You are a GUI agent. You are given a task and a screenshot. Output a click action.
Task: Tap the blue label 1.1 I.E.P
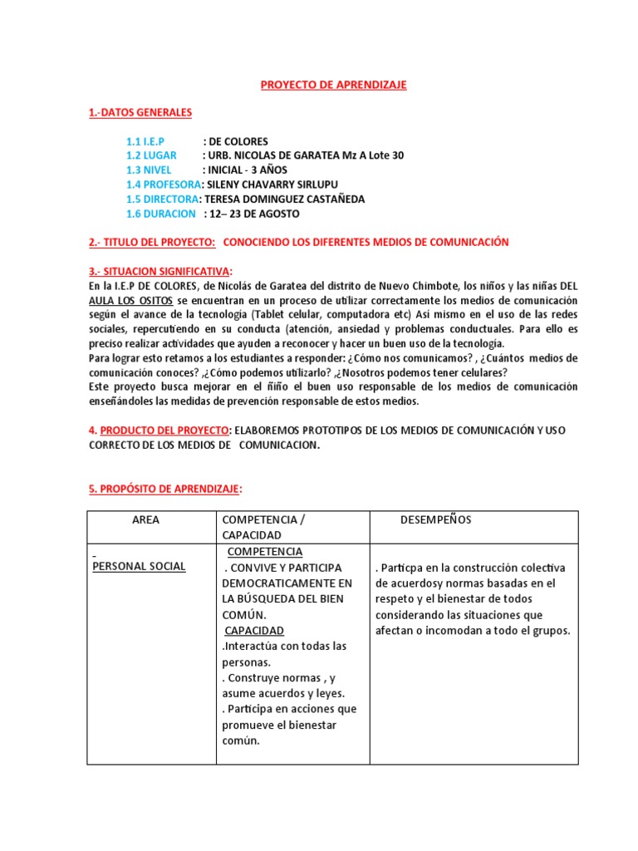145,141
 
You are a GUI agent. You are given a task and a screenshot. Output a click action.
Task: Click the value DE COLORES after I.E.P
241,141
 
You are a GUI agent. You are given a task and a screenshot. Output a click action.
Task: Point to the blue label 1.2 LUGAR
152,155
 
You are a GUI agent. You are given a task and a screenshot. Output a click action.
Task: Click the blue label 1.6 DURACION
161,214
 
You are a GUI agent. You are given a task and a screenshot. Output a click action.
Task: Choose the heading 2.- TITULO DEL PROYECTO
152,242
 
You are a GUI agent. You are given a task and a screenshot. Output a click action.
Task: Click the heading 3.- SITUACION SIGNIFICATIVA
160,271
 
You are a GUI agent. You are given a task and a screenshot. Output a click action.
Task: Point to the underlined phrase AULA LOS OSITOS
131,300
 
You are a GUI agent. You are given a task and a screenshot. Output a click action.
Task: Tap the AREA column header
145,519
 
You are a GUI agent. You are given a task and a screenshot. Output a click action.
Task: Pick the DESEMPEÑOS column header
435,519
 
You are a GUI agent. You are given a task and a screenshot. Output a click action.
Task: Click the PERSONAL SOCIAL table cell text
139,567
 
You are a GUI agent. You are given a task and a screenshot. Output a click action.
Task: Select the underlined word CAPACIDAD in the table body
254,631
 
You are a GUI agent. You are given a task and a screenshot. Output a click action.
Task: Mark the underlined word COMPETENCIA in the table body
265,552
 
